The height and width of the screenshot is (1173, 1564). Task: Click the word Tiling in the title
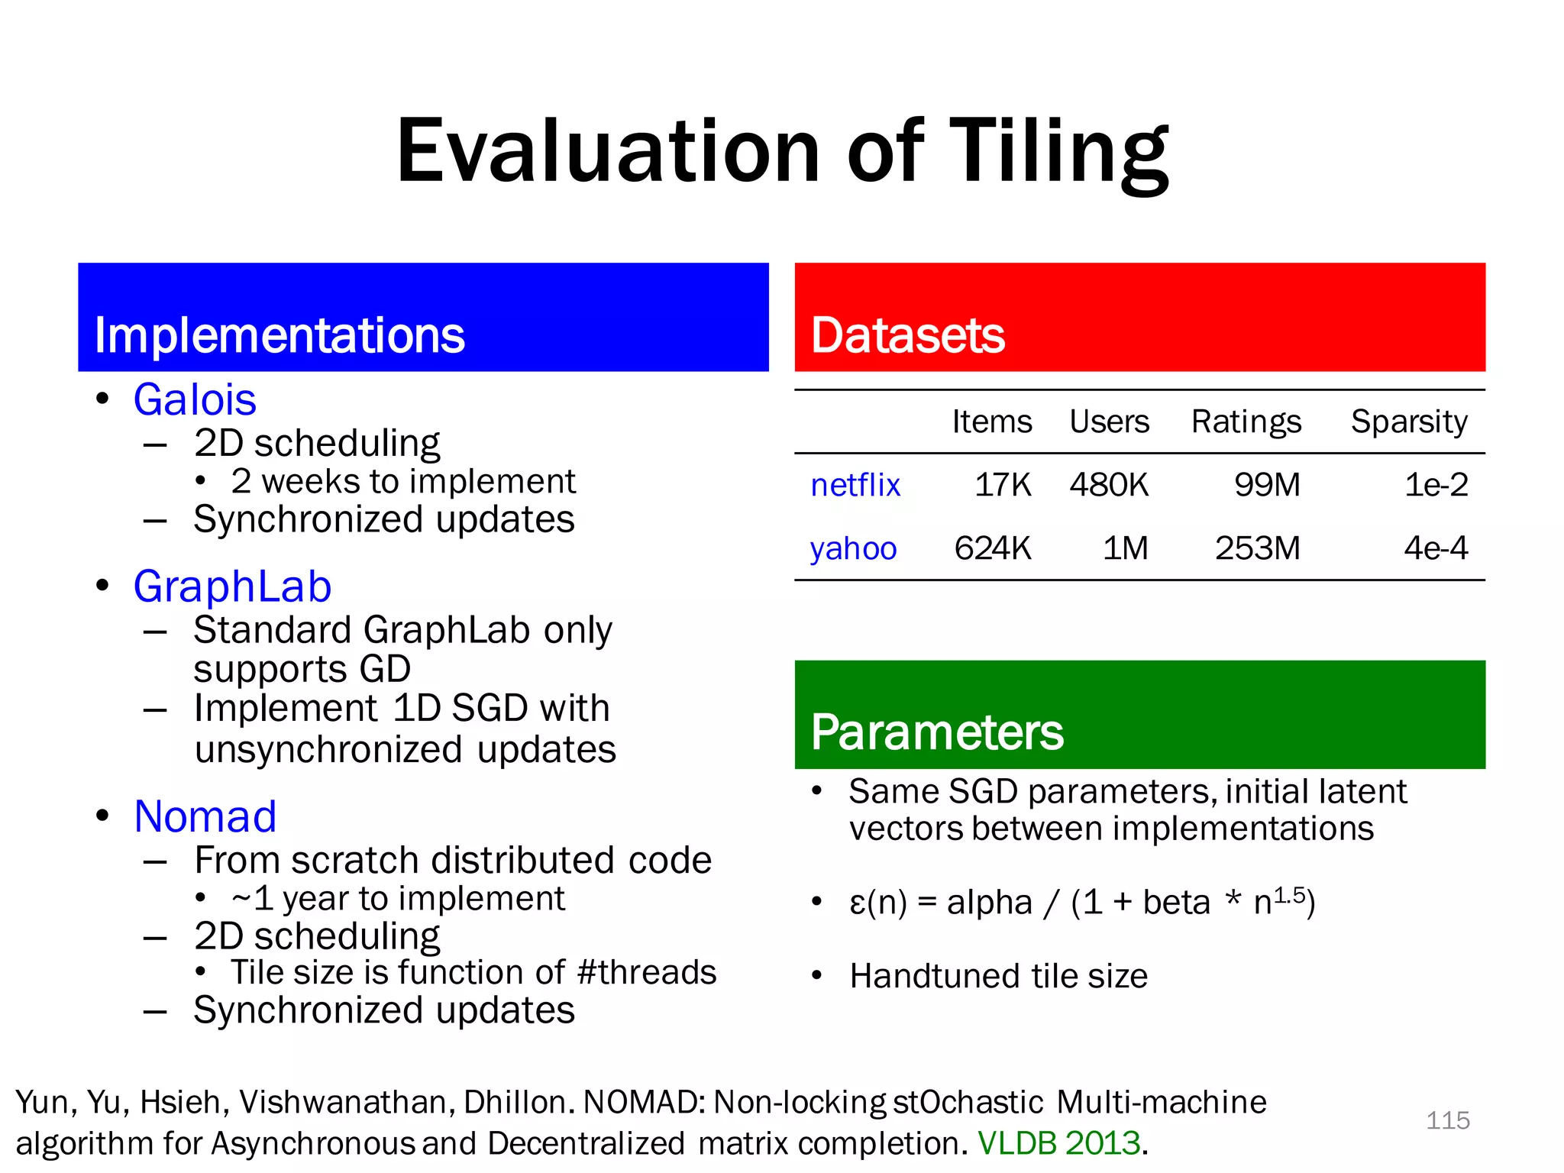click(x=1062, y=153)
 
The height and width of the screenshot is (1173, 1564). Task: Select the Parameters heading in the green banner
click(x=936, y=732)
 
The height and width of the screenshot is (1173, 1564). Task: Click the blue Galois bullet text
click(x=195, y=399)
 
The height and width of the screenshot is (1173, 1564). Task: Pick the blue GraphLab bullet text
click(x=232, y=586)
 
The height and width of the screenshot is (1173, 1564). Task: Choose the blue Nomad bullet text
click(x=205, y=816)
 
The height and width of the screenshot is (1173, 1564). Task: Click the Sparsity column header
click(x=1409, y=422)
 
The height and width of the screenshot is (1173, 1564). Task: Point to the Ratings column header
click(x=1246, y=422)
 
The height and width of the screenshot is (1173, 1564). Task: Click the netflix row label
click(x=855, y=485)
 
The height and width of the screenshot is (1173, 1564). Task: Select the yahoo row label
click(x=853, y=548)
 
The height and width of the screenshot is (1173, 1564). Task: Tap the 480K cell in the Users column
click(x=1109, y=485)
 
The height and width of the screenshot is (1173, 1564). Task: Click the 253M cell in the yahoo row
click(x=1257, y=548)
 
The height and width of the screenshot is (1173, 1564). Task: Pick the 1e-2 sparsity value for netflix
click(x=1436, y=485)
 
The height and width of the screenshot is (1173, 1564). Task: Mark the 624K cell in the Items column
click(x=992, y=548)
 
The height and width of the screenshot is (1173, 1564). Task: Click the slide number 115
click(x=1447, y=1120)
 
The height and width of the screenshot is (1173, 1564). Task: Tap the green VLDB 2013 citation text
click(x=1058, y=1143)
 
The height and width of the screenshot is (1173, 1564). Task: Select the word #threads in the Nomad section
click(x=647, y=972)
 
